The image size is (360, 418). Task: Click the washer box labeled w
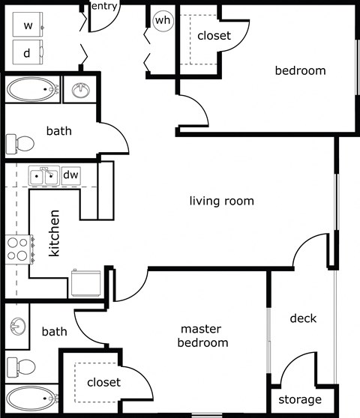tap(28, 25)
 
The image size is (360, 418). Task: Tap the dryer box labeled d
tap(28, 52)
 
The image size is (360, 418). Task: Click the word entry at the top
tap(103, 7)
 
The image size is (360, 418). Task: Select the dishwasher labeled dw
tap(70, 175)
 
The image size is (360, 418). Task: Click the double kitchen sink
tap(43, 177)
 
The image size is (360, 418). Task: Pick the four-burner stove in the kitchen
tap(19, 248)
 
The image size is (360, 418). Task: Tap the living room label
tap(221, 201)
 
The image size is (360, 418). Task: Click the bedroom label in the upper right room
tap(300, 71)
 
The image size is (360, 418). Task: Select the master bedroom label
tap(202, 336)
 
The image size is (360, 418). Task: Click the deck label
tap(303, 318)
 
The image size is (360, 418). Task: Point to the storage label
tap(299, 399)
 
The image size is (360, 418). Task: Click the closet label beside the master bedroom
tap(103, 382)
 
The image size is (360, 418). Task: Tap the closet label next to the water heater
tap(213, 35)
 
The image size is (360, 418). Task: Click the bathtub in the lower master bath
tap(30, 398)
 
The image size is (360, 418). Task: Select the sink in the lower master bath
tap(16, 327)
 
